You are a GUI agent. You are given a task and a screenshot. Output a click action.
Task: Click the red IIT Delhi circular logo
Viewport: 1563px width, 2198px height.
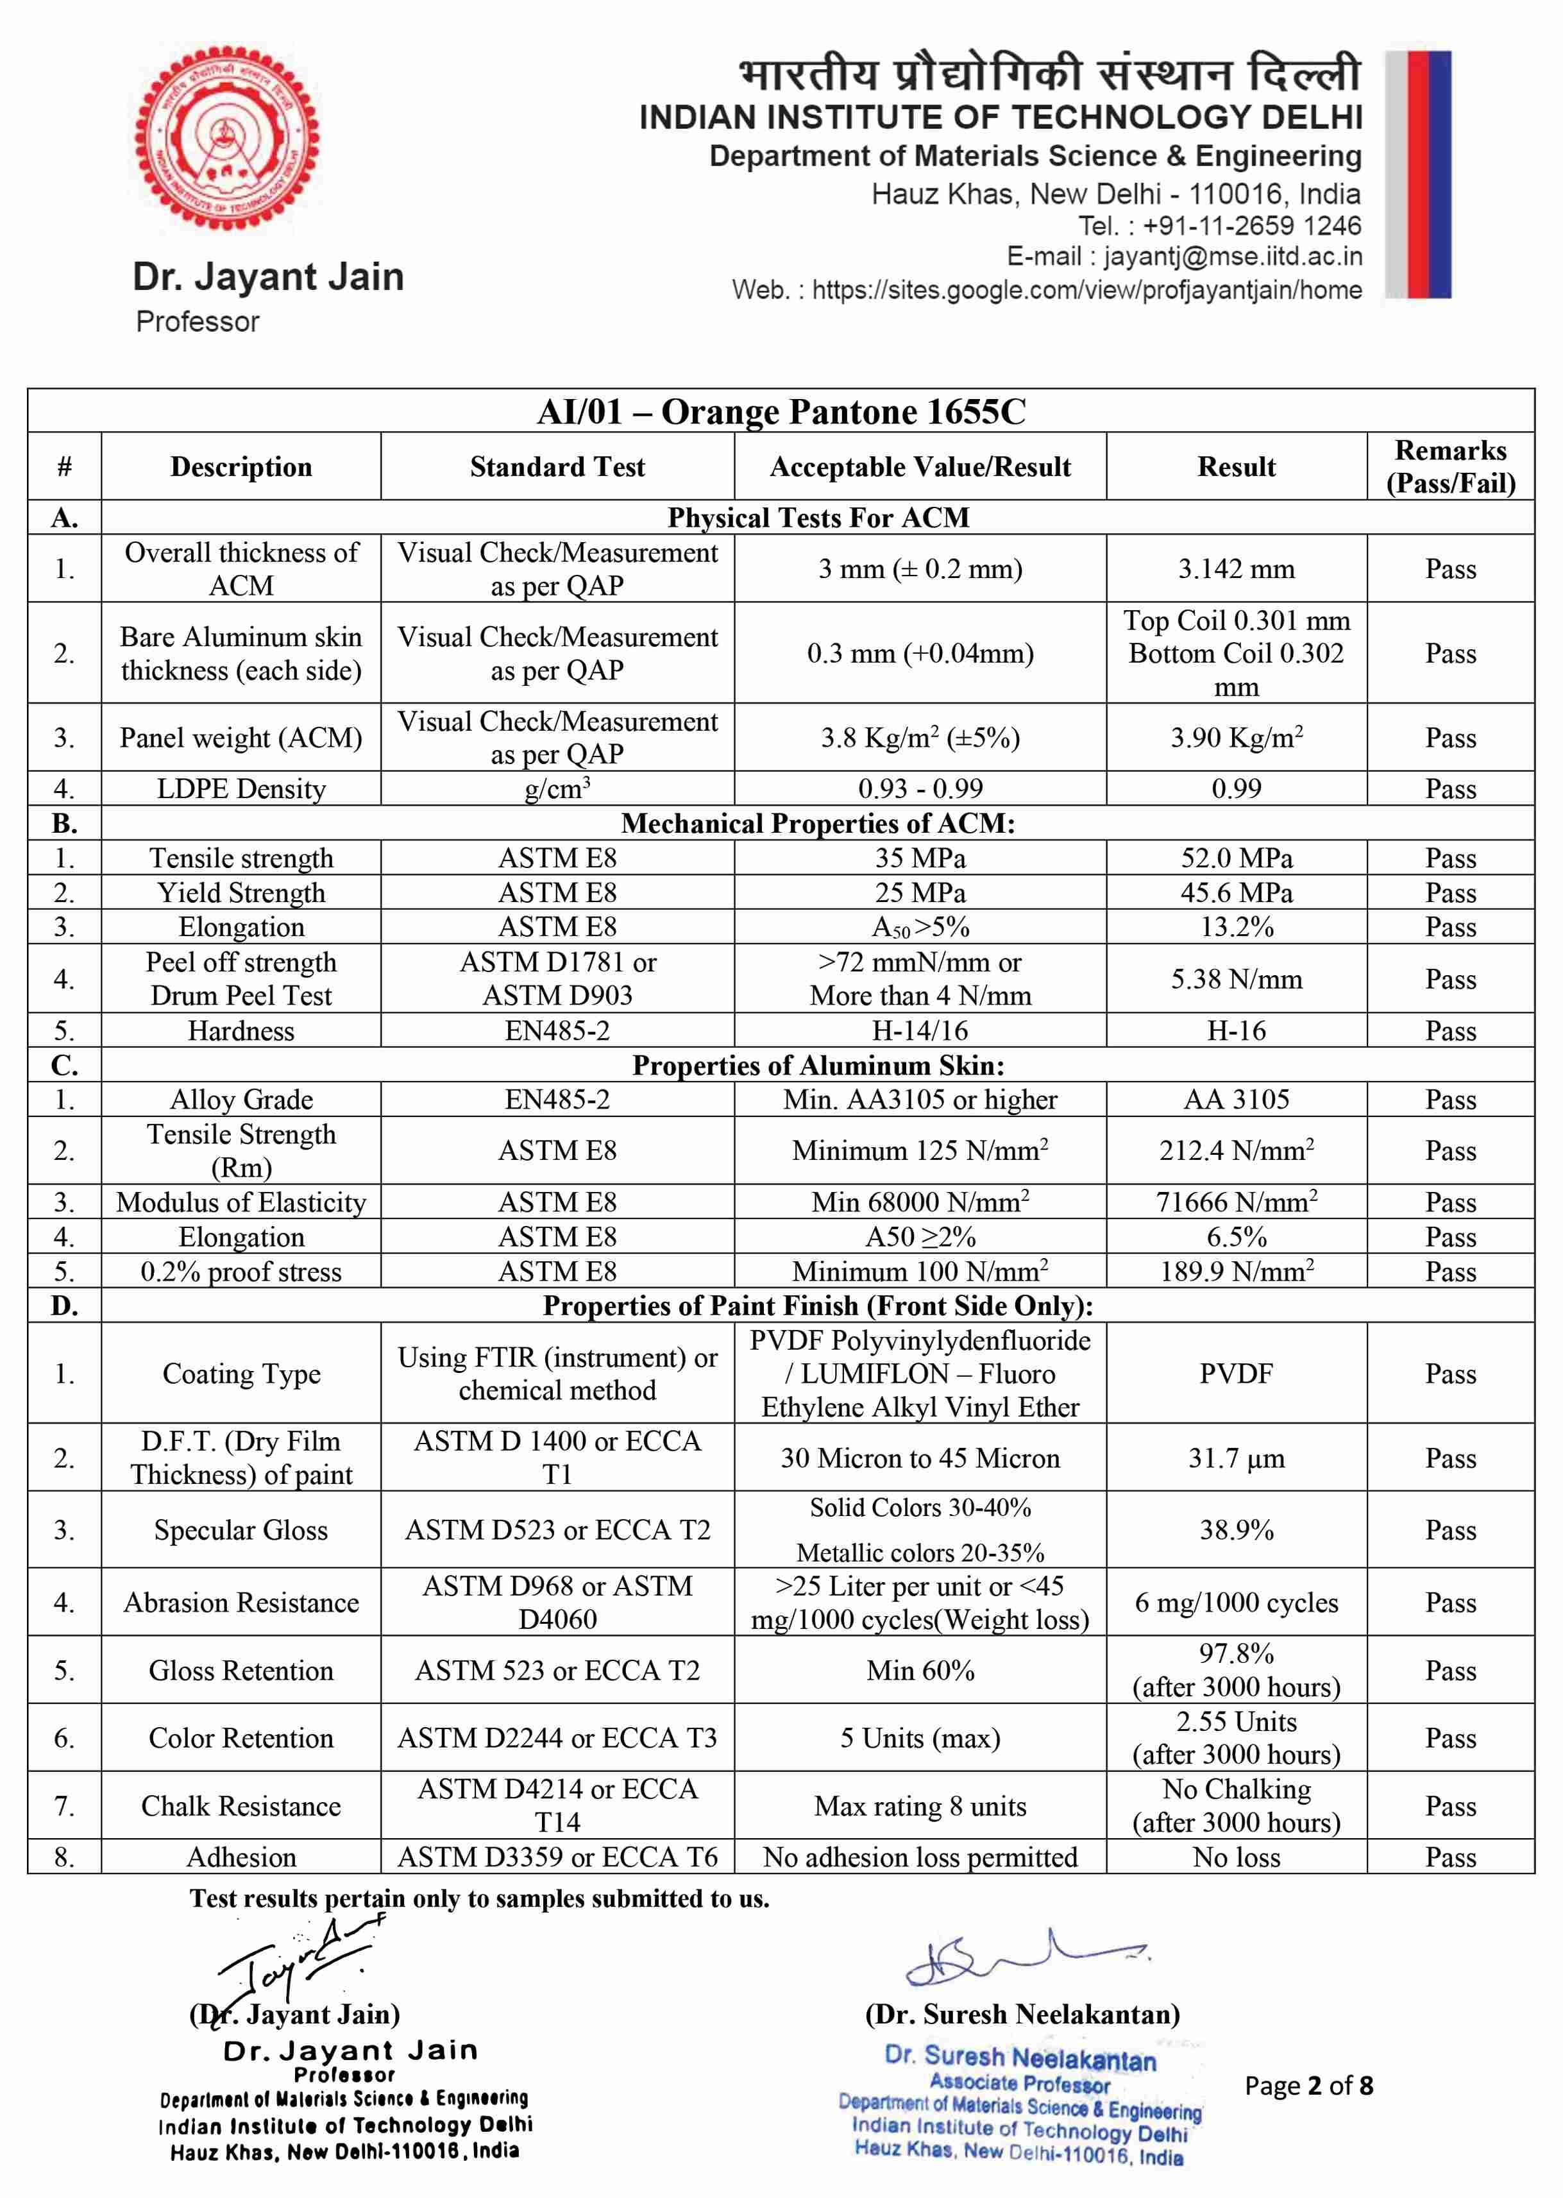pyautogui.click(x=226, y=139)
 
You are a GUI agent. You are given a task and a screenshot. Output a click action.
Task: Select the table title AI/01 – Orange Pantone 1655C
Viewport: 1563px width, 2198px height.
pyautogui.click(x=781, y=412)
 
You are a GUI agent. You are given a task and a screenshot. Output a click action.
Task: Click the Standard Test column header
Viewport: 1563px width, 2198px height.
pyautogui.click(x=557, y=467)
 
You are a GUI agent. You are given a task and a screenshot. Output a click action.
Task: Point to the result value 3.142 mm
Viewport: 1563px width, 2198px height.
pyautogui.click(x=1236, y=569)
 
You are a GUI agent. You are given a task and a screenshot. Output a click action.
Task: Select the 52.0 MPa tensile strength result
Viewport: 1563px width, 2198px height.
pyautogui.click(x=1236, y=858)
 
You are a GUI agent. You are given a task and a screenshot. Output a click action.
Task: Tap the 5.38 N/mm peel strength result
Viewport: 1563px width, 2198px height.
pyautogui.click(x=1236, y=979)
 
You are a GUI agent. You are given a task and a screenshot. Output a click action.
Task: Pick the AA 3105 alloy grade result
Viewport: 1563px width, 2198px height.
pyautogui.click(x=1236, y=1100)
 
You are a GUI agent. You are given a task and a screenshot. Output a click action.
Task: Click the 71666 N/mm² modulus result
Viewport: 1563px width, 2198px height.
pyautogui.click(x=1236, y=1202)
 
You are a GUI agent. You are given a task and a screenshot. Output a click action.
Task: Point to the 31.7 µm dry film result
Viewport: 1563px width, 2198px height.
pyautogui.click(x=1236, y=1458)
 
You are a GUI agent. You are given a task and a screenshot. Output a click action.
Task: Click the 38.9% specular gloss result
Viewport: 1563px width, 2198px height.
pyautogui.click(x=1236, y=1530)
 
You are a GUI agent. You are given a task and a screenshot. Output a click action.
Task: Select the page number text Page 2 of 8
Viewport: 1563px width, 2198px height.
pyautogui.click(x=1308, y=2085)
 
